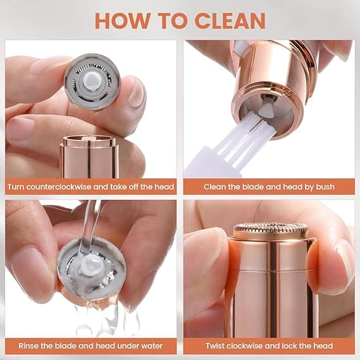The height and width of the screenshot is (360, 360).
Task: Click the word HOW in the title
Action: [x=120, y=20]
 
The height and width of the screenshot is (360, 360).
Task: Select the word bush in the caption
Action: [x=324, y=187]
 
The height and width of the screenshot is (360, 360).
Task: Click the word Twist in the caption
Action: [x=216, y=346]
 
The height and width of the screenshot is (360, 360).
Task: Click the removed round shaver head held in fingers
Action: [x=92, y=82]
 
